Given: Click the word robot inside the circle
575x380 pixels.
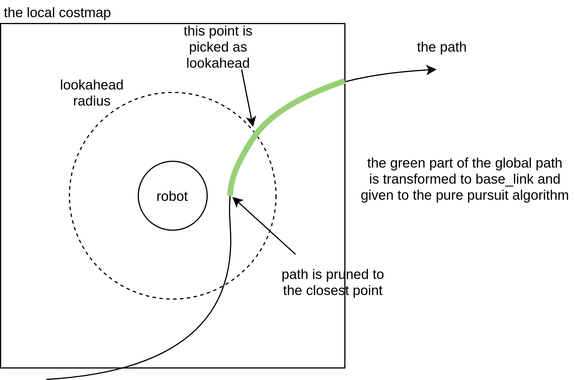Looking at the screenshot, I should click(172, 197).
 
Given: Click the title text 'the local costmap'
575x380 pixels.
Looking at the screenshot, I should click(57, 13).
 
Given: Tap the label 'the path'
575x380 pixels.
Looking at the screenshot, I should click(442, 47).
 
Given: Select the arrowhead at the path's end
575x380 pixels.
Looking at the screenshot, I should click(432, 70).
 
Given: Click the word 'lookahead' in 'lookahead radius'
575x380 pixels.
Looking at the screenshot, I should click(92, 85).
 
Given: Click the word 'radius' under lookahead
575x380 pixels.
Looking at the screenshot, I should click(92, 101).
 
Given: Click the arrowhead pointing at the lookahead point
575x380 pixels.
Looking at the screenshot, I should click(252, 122).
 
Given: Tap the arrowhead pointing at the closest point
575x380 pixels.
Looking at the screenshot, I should click(237, 201).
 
